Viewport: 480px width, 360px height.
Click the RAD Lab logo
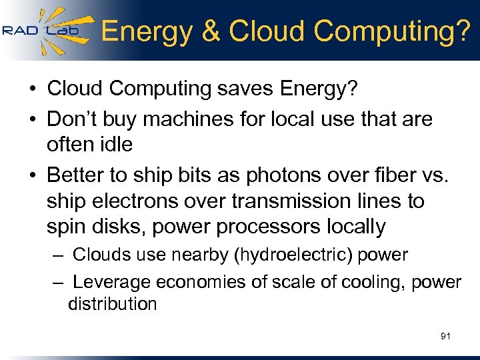coord(41,30)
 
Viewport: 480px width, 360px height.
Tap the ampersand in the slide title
coord(211,31)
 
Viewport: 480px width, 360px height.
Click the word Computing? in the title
coord(391,31)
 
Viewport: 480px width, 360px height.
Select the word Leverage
coord(112,282)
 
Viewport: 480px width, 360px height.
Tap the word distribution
coord(112,304)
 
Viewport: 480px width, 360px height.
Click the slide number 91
coord(445,337)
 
